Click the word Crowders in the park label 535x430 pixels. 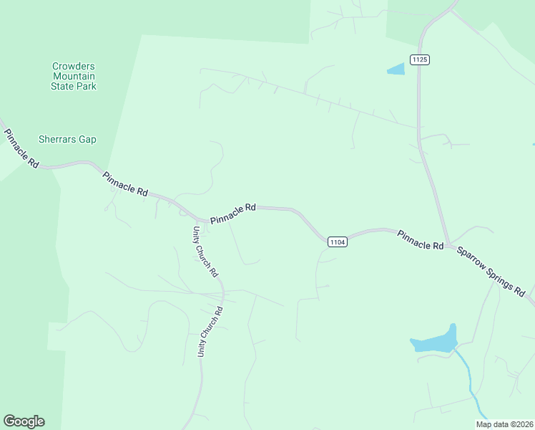point(74,66)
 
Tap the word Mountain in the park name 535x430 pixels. point(74,76)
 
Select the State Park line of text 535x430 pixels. point(74,86)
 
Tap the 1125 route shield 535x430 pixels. point(420,59)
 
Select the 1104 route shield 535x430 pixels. point(338,242)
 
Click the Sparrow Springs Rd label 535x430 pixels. point(491,272)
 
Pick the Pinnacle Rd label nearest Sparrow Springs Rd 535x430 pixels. point(421,240)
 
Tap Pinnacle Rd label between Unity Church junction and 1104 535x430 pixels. point(233,213)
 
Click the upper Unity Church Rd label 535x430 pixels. point(205,252)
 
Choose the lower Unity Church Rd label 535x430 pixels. point(211,332)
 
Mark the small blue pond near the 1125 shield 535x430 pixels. point(396,70)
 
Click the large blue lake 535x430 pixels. point(435,342)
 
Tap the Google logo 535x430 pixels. point(24,421)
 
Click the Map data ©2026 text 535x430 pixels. point(504,424)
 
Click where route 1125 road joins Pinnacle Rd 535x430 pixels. point(448,245)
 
